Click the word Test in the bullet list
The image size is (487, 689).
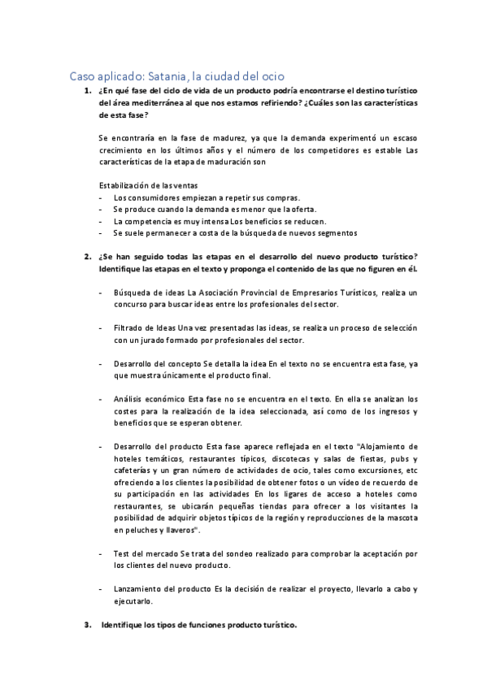123,552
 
